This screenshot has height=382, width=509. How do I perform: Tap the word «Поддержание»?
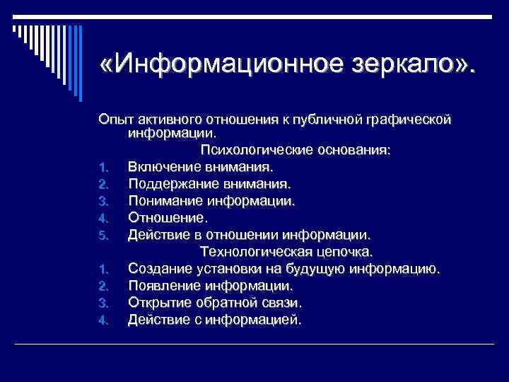pyautogui.click(x=172, y=184)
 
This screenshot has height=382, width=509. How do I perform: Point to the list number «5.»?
pyautogui.click(x=102, y=236)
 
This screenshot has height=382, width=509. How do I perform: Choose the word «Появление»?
pyautogui.click(x=165, y=286)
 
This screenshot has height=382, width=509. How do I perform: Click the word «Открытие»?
pyautogui.click(x=160, y=303)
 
